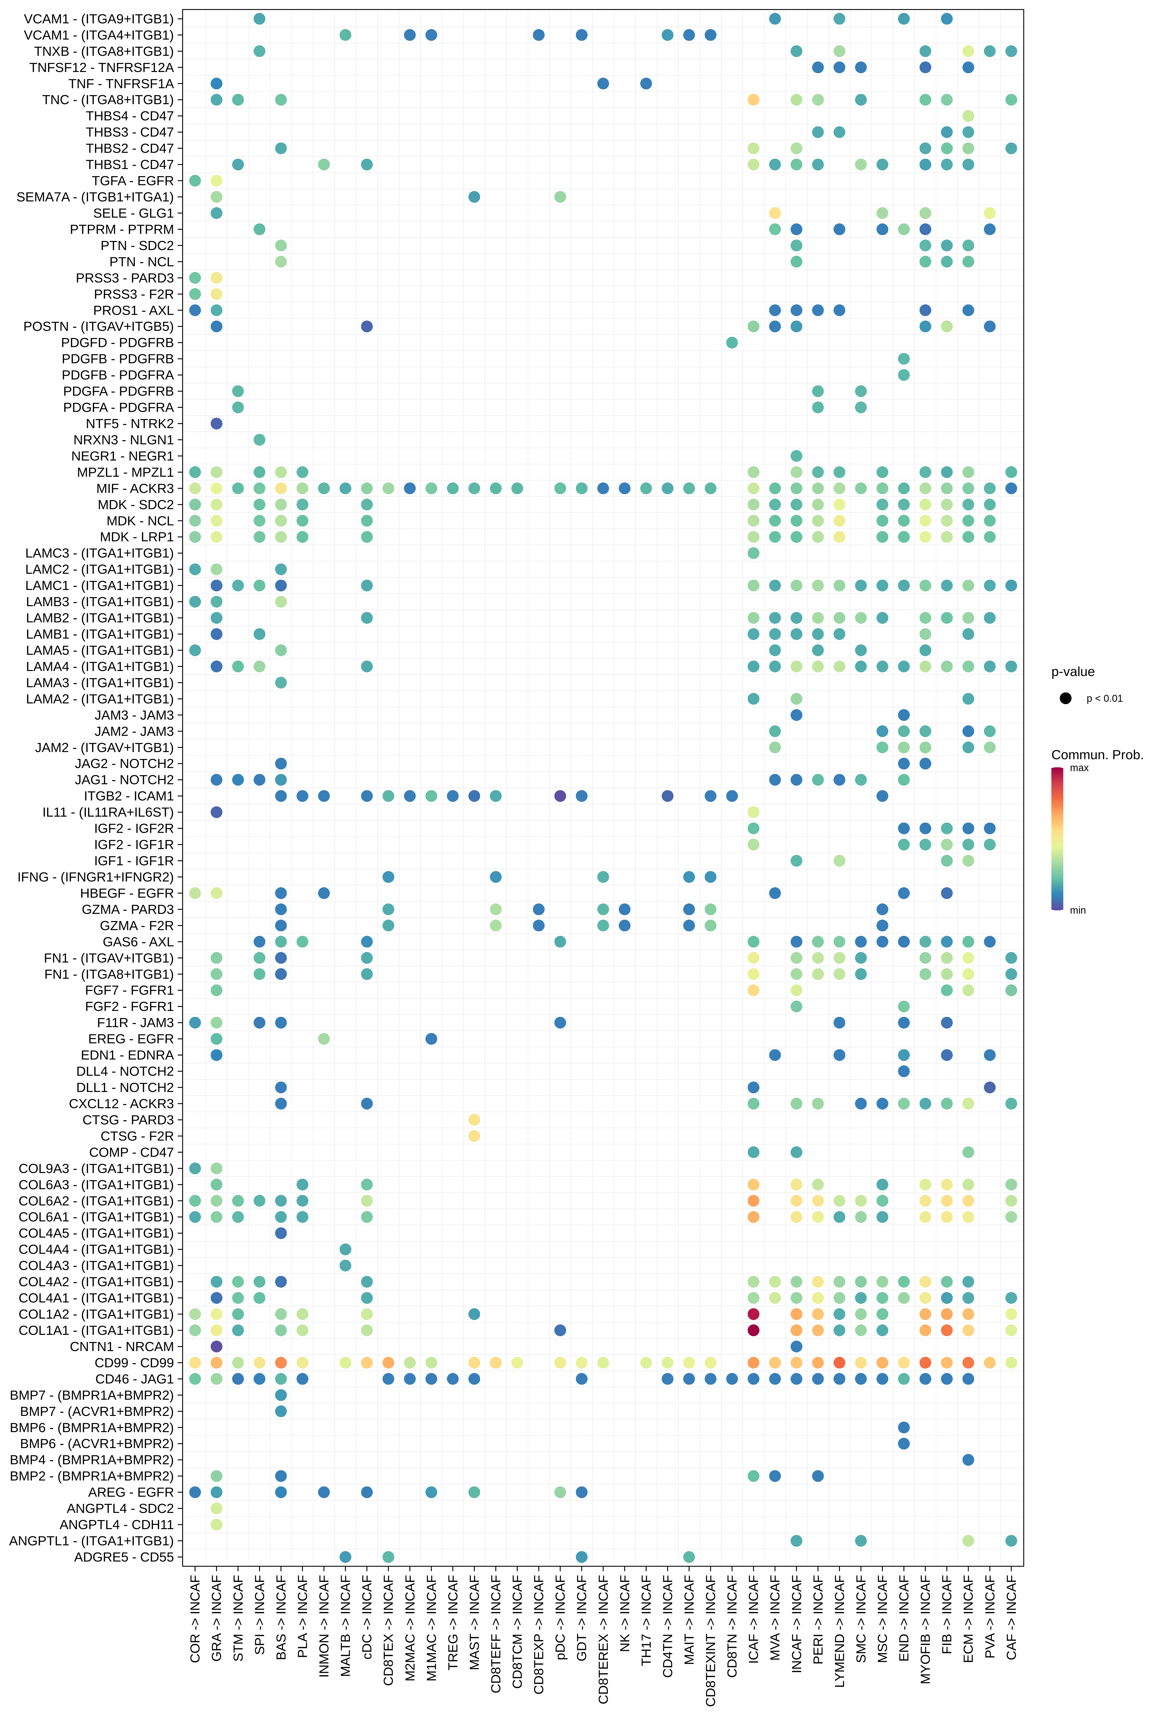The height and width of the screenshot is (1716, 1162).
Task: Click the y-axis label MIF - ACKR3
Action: coord(135,488)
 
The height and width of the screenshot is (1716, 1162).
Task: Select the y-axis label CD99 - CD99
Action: coord(134,1362)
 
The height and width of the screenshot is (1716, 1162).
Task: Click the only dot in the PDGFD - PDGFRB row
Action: coord(732,343)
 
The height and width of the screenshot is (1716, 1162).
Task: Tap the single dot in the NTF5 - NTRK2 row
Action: coord(216,423)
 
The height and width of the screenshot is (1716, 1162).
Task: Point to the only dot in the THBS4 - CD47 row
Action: coord(969,116)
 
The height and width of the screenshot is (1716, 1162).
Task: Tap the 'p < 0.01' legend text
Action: coord(1104,698)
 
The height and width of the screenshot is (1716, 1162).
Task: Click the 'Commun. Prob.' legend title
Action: coord(1097,755)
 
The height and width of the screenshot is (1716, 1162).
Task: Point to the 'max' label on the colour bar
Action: coord(1079,768)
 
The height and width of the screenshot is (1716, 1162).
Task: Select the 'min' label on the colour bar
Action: coord(1078,910)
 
